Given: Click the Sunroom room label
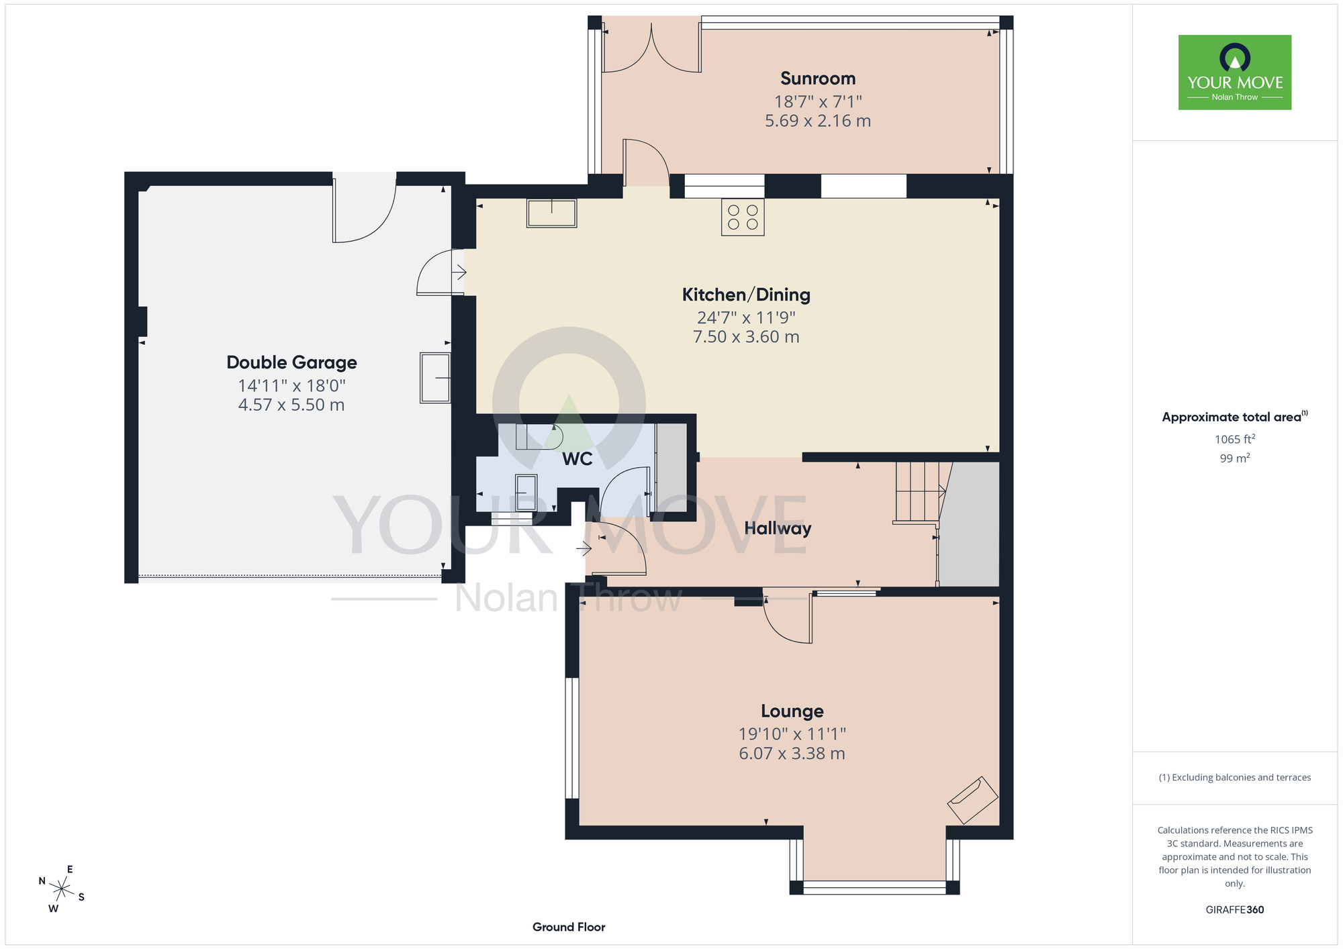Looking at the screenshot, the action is tap(818, 79).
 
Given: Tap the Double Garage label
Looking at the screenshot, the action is tap(291, 362).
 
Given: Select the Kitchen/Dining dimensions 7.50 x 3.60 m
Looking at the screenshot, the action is tap(746, 337).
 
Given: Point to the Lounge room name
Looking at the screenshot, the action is tap(792, 711).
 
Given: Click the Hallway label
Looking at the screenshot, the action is tap(778, 529).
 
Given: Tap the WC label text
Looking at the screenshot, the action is tap(577, 459).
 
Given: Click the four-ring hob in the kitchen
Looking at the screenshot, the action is tap(743, 217).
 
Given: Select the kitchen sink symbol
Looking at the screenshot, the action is tap(551, 213).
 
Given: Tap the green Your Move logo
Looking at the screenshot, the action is tap(1235, 72).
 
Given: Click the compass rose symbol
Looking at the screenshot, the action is tap(62, 890).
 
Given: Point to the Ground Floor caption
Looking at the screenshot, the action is tap(569, 927).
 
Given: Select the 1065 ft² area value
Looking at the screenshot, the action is tap(1235, 439).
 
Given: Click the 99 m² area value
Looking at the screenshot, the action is tap(1235, 458).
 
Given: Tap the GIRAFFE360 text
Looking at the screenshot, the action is tap(1235, 910).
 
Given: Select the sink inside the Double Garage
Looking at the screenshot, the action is tap(435, 378).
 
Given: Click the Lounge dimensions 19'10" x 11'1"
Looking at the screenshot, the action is tap(792, 734).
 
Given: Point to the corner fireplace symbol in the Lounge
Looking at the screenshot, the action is tap(972, 800).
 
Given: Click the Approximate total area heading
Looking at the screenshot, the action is tap(1235, 417).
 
